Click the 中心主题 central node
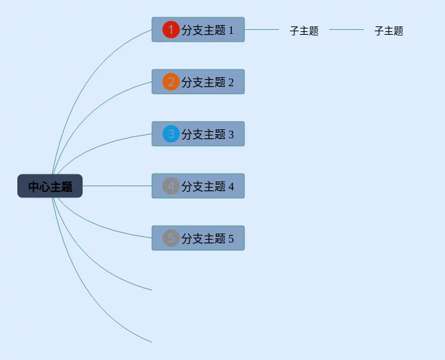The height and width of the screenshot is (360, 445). coord(50,186)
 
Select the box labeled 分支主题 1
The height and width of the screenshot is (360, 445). coord(207,30)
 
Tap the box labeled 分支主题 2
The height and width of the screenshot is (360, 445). coord(207,82)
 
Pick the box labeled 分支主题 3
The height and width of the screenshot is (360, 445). coord(207,134)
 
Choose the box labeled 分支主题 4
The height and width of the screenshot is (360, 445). coord(207,186)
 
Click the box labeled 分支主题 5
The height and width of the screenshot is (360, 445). coord(207,238)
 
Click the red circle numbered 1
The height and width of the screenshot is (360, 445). coord(171,30)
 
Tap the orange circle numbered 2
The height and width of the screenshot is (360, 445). coord(171,82)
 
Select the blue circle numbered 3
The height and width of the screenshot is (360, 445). coord(171,134)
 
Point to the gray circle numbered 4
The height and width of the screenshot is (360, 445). coord(171,186)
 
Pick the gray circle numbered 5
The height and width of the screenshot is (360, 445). coord(171,238)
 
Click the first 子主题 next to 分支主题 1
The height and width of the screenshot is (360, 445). coord(304,31)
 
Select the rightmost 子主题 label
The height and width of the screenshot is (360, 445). coord(389,31)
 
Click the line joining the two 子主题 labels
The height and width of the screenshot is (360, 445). coord(346,30)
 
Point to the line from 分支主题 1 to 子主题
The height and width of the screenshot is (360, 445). coord(262,30)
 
